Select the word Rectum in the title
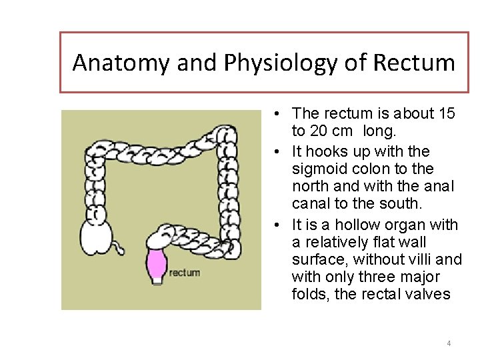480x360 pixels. pos(414,62)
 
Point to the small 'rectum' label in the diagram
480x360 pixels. pos(185,272)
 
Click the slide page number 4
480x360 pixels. pos(449,343)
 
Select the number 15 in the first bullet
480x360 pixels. pos(444,114)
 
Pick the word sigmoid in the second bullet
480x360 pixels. pos(317,169)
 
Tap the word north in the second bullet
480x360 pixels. pos(311,187)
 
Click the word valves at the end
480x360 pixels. pos(428,294)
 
